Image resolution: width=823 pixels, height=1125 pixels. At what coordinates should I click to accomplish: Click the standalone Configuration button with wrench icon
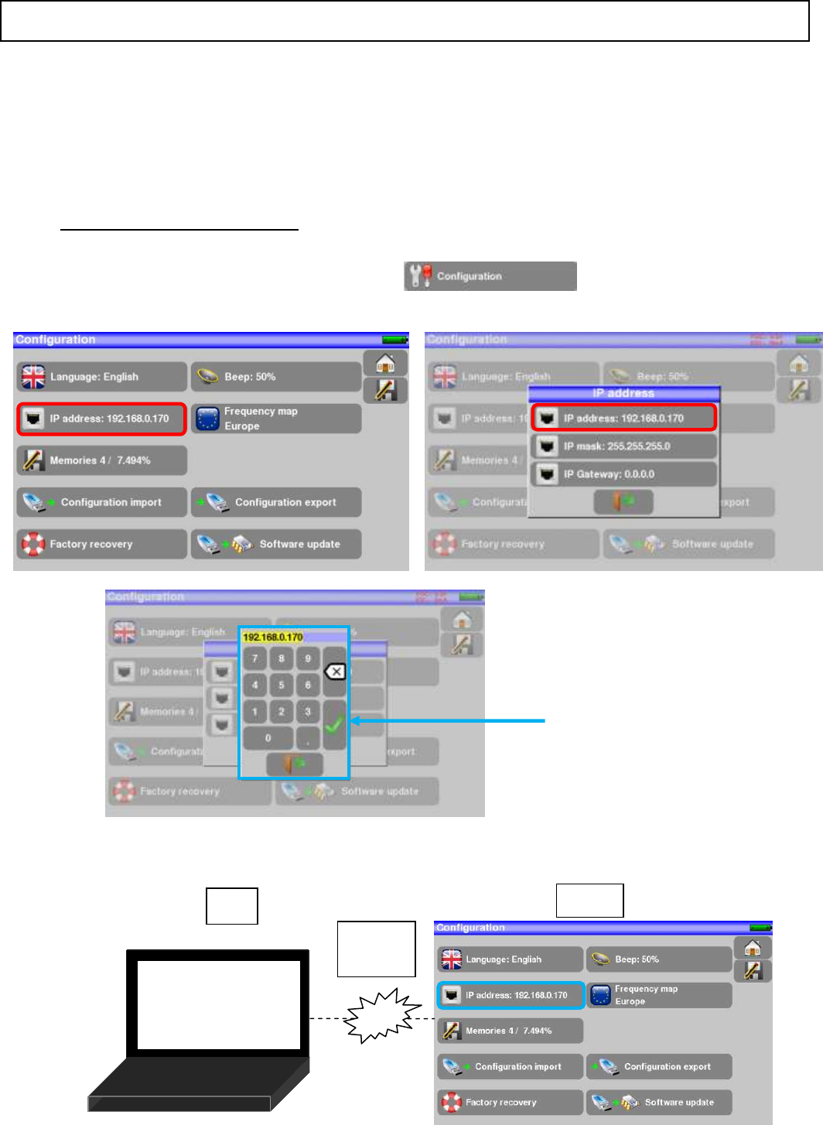coord(490,276)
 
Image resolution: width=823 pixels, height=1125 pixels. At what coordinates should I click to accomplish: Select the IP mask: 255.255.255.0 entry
coord(624,446)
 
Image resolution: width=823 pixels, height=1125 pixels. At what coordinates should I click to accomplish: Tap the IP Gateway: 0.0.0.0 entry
coord(624,474)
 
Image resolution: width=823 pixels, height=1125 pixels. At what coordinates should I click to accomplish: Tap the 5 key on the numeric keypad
coord(282,685)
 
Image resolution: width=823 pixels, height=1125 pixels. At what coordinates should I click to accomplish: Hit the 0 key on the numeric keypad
coord(268,738)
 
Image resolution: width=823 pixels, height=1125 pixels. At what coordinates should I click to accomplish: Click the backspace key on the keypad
coord(335,672)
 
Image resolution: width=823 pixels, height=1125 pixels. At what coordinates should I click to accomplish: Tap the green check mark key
coord(334,725)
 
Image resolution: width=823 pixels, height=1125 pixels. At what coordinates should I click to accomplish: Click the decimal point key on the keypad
coord(308,738)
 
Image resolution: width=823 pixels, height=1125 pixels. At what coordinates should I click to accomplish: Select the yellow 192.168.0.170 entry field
coord(272,638)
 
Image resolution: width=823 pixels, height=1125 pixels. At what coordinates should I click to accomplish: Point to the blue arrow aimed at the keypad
coord(449,721)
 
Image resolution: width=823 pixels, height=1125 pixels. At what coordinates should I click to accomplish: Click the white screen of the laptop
coord(219,1005)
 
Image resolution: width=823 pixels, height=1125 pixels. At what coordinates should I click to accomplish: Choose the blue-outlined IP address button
coord(511,995)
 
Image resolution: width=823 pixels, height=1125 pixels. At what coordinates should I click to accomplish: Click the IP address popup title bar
coord(623,393)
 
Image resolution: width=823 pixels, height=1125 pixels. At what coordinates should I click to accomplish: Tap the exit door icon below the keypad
coord(294,764)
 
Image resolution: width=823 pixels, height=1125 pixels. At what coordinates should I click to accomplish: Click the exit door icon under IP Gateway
coord(623,502)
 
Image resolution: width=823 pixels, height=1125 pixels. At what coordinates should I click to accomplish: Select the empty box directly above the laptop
coord(232,906)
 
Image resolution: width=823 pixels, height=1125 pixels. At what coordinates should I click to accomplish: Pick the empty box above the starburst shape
coord(377,949)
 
